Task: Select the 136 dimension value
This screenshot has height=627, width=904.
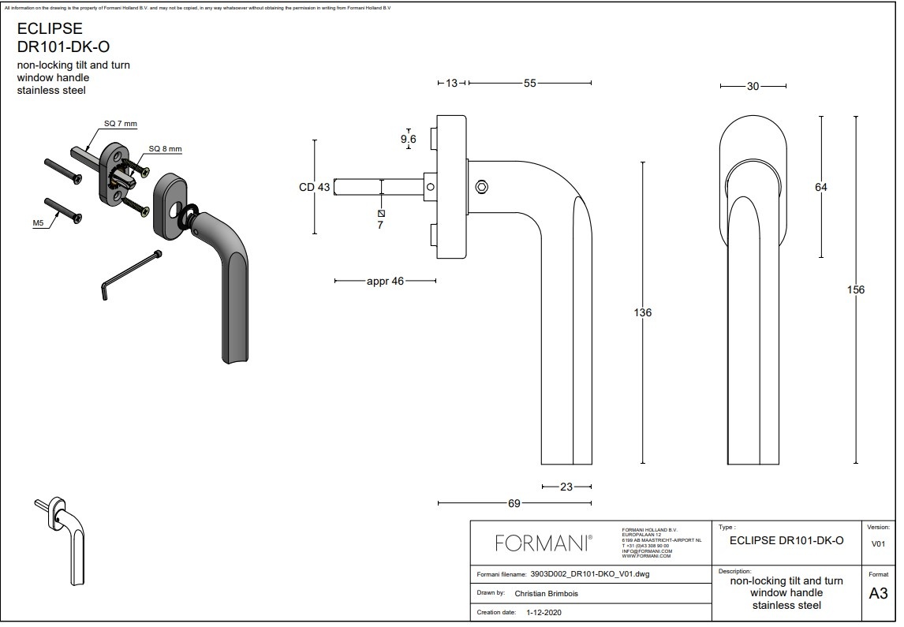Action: click(643, 312)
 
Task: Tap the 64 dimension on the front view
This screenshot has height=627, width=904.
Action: click(821, 187)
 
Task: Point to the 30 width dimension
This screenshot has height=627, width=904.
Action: click(753, 86)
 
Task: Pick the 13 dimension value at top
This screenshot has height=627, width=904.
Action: click(451, 83)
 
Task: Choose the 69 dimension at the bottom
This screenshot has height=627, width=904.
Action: click(514, 502)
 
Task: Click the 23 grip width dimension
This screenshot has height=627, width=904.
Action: click(566, 487)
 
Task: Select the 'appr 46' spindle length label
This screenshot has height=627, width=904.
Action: click(385, 281)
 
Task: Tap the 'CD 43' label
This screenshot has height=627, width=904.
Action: click(315, 187)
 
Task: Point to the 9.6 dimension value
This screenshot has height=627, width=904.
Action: click(408, 139)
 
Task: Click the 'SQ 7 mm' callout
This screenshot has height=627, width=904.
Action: click(121, 124)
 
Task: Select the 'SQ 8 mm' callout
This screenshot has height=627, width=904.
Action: click(166, 149)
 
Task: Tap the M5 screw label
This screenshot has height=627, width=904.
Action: click(38, 224)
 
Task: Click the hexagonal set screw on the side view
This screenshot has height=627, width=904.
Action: click(481, 187)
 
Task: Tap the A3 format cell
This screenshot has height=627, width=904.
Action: click(878, 594)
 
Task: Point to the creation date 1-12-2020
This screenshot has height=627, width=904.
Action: click(544, 612)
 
